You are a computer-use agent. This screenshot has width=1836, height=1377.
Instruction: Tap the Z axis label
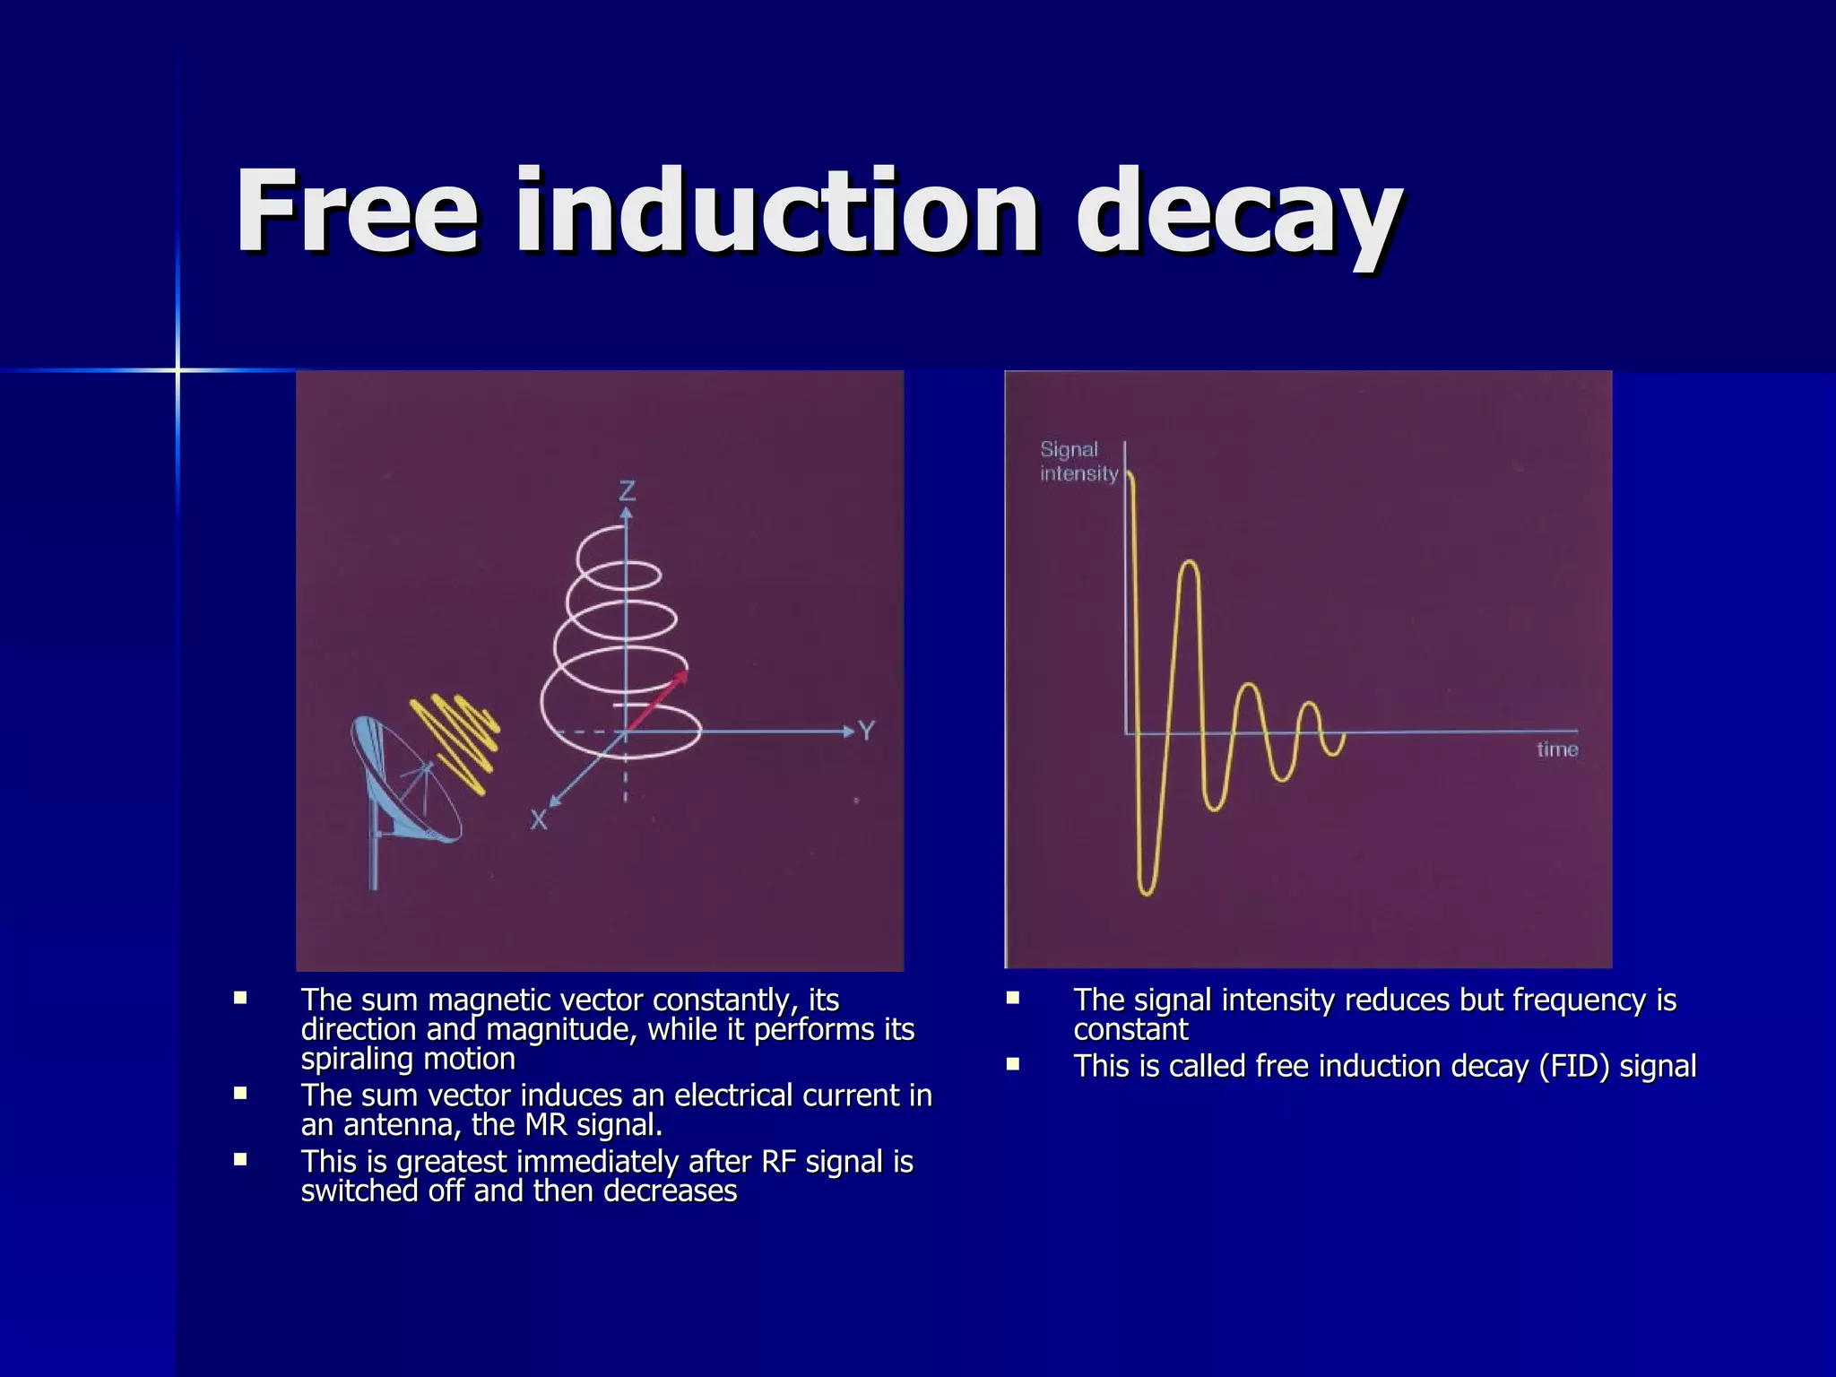click(x=627, y=490)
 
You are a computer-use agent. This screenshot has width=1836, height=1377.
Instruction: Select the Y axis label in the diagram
click(x=866, y=731)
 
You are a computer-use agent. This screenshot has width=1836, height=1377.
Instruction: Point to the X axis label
click(x=538, y=819)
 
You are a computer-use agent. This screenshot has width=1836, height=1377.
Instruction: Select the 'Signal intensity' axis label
click(x=1078, y=462)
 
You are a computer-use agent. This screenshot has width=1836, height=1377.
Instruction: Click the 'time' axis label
click(x=1556, y=749)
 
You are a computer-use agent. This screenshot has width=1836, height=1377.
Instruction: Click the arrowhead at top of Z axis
click(x=627, y=513)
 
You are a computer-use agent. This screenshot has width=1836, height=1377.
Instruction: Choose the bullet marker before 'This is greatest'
click(x=240, y=1159)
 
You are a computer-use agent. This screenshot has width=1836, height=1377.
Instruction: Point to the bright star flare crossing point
click(x=178, y=369)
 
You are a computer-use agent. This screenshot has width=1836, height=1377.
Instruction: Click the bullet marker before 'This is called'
click(x=1013, y=1065)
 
